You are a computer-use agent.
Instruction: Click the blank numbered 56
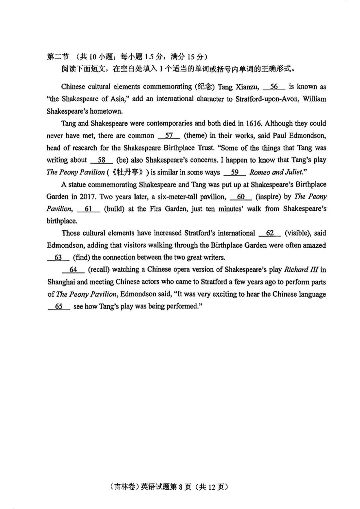[x=274, y=87]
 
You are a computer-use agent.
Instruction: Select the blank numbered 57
[x=169, y=136]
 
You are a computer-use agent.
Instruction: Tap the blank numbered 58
[x=101, y=160]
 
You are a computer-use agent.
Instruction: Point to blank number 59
[x=235, y=172]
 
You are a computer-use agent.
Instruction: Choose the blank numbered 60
[x=241, y=197]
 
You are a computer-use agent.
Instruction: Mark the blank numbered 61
[x=88, y=209]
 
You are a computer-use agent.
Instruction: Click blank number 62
[x=270, y=233]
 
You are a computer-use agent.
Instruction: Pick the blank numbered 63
[x=58, y=257]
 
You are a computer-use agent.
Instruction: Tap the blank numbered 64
[x=73, y=269]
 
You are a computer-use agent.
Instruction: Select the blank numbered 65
[x=59, y=306]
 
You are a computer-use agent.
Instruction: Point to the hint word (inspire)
[x=268, y=197]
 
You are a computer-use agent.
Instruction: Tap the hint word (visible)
[x=298, y=233]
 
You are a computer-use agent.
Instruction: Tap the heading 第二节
[x=57, y=57]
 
